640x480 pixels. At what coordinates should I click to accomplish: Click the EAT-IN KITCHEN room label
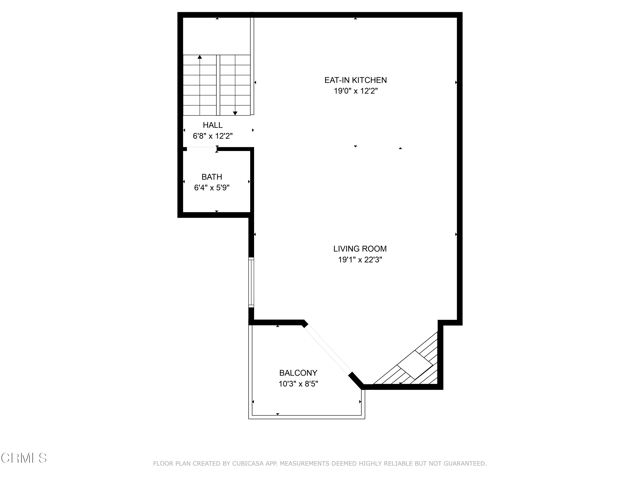coord(356,80)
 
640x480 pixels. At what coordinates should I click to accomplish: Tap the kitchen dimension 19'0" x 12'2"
coord(356,91)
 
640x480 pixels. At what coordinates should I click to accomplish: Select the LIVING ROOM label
coord(360,249)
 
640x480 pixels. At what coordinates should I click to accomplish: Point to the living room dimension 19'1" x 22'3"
coord(360,260)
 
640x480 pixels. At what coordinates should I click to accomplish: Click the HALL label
coord(213,125)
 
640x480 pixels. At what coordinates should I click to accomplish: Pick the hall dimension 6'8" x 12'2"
coord(213,136)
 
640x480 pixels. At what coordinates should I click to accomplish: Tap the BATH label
coord(212,177)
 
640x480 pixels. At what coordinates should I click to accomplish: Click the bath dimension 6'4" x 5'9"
coord(212,188)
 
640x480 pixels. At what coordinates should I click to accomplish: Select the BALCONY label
coord(298,373)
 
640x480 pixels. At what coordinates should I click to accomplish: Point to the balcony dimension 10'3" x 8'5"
coord(298,384)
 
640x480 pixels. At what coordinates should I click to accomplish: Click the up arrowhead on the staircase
coord(200,57)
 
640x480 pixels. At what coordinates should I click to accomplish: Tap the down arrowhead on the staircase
coord(235,113)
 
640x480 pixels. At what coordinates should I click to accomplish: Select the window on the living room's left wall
coord(251,282)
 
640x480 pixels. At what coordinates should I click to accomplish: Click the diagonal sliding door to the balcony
coord(328,349)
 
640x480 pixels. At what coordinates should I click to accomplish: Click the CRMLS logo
coord(24,458)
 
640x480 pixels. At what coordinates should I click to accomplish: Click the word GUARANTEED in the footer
coord(465,464)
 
